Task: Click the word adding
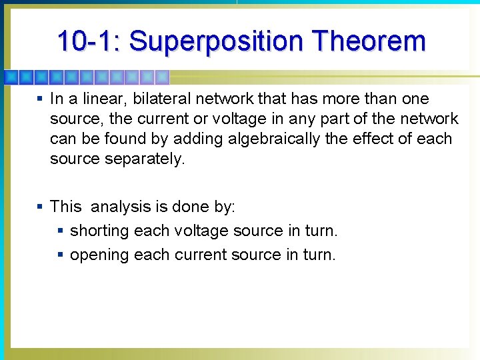pyautogui.click(x=195, y=139)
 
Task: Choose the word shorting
pyautogui.click(x=99, y=231)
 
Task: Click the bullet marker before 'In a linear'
pyautogui.click(x=40, y=99)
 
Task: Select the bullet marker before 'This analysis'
pyautogui.click(x=40, y=207)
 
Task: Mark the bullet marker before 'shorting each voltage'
pyautogui.click(x=61, y=231)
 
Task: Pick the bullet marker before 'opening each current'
pyautogui.click(x=61, y=255)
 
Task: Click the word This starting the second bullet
pyautogui.click(x=65, y=207)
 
